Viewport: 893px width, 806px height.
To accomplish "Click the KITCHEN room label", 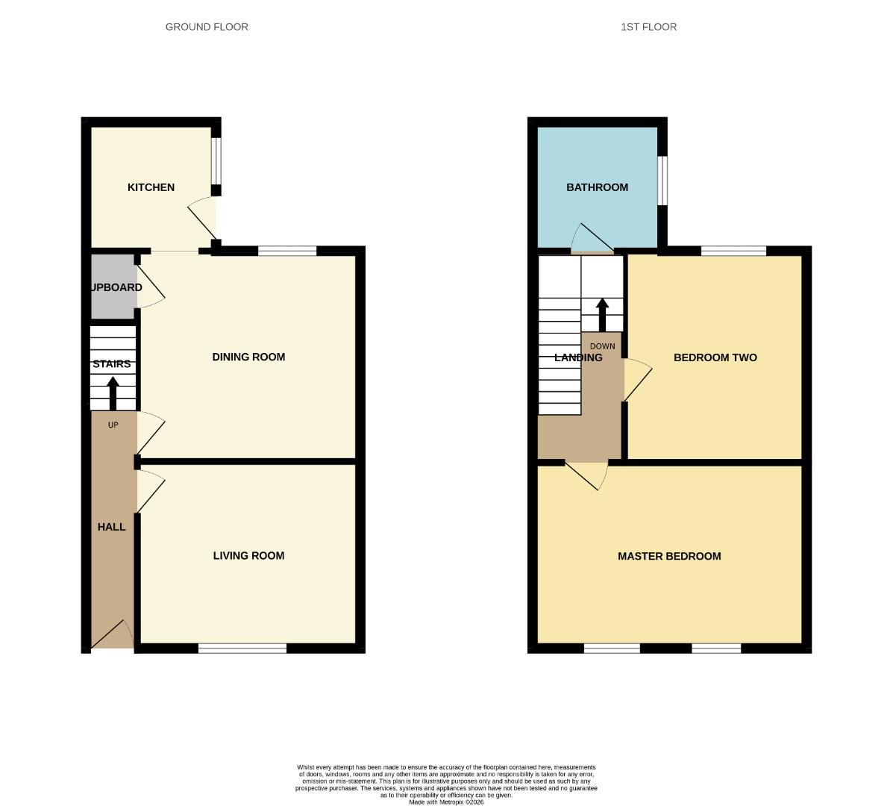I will (x=151, y=187).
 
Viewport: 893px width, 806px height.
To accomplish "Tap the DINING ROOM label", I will (x=248, y=357).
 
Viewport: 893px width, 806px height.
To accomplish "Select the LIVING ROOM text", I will (x=248, y=555).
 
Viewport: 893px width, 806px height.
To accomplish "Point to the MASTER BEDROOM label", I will (x=669, y=556).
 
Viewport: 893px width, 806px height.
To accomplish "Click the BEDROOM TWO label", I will (x=715, y=357).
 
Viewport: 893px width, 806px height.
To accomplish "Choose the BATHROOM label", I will (x=597, y=187).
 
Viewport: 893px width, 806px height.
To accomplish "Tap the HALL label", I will (x=111, y=527).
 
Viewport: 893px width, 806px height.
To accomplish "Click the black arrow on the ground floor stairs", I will (x=113, y=393).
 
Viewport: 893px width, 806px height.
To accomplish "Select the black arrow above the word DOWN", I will (x=602, y=315).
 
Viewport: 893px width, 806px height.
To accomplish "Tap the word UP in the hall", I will (x=113, y=425).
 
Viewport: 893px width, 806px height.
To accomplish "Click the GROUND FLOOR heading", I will (x=207, y=27).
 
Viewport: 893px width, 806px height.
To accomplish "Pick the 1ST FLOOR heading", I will (x=648, y=27).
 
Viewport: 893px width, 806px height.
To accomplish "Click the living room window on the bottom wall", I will (x=242, y=649).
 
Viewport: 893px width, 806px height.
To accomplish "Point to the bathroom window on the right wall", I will (x=662, y=180).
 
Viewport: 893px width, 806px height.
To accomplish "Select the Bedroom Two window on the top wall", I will (x=733, y=251).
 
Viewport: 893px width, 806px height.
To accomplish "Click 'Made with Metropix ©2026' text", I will (x=446, y=802).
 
